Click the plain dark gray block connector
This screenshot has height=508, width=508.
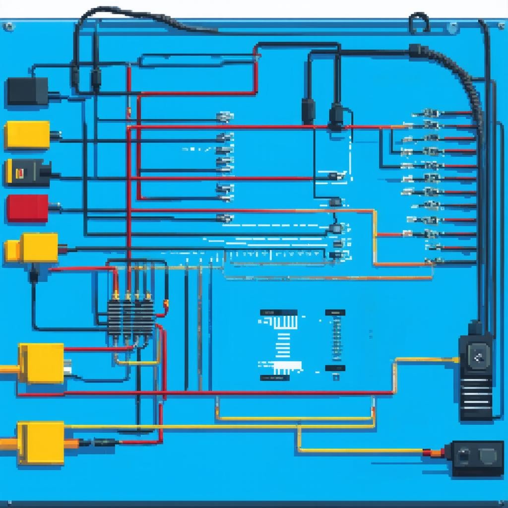click(27, 91)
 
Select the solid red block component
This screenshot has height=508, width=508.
click(27, 208)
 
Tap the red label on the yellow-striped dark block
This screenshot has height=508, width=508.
click(21, 173)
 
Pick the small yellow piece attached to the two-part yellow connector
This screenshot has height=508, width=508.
click(12, 251)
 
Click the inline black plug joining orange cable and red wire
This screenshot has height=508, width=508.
click(104, 442)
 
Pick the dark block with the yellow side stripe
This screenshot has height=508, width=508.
click(27, 173)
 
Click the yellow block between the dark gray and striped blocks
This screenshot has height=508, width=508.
click(27, 135)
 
